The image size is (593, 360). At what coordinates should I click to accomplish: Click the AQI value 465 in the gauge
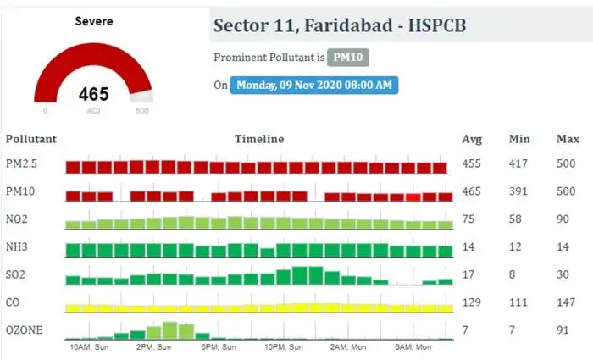pos(93,94)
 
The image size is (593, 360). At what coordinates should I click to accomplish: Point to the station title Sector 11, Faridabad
pos(339,26)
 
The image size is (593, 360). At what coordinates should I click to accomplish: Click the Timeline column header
pos(259,139)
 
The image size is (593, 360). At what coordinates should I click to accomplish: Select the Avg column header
pos(472,139)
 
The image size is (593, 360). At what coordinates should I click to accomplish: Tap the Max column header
pos(567,139)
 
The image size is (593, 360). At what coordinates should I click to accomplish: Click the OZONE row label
pos(24,330)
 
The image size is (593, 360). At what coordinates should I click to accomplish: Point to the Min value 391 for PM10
pos(518,192)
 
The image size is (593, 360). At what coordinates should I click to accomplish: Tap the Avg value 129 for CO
pos(471,302)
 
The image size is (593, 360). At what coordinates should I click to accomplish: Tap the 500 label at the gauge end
pos(141,111)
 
